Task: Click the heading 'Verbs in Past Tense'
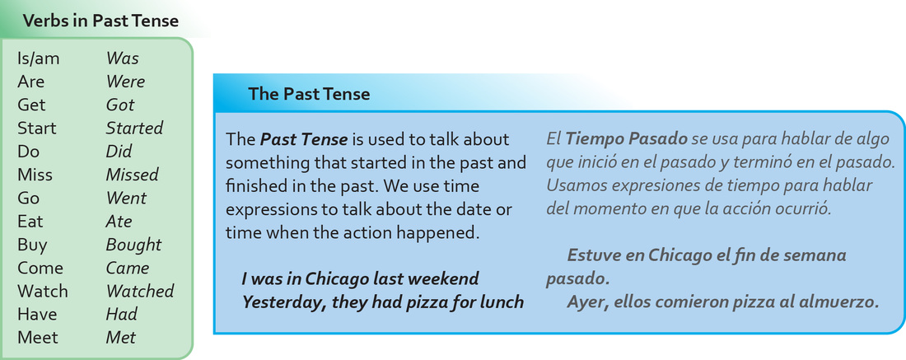pos(100,21)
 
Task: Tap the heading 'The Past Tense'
pos(309,94)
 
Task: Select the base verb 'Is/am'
pos(38,59)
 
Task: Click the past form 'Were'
pos(125,82)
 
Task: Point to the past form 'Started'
pos(134,128)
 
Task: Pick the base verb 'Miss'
pos(35,175)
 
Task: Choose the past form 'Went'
pos(127,198)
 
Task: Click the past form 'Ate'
pos(119,222)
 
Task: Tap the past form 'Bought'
pos(134,245)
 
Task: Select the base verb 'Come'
pos(40,268)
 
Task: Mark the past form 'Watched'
pos(140,291)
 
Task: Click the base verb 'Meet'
pos(38,338)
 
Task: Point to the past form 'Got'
pos(120,105)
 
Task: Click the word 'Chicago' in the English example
pos(337,279)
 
